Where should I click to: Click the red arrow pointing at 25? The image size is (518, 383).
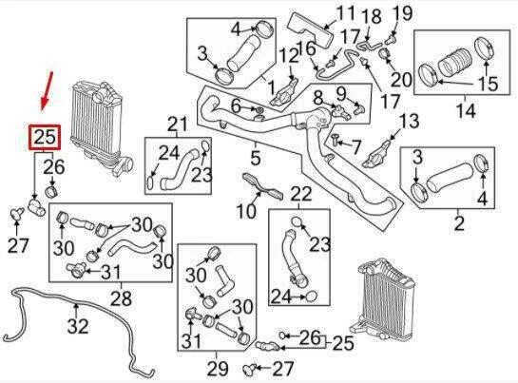pyautogui.click(x=47, y=91)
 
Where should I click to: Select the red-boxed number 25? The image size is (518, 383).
pyautogui.click(x=45, y=137)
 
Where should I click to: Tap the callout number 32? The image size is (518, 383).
pyautogui.click(x=78, y=325)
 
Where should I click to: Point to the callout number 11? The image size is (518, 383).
pyautogui.click(x=346, y=13)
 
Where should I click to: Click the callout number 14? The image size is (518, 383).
pyautogui.click(x=466, y=110)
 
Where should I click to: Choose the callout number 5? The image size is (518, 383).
pyautogui.click(x=256, y=158)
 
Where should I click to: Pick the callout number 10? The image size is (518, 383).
pyautogui.click(x=246, y=210)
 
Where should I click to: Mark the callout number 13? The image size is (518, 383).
pyautogui.click(x=410, y=121)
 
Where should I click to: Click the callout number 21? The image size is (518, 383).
pyautogui.click(x=178, y=124)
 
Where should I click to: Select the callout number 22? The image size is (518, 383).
pyautogui.click(x=301, y=194)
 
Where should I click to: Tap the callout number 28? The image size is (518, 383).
pyautogui.click(x=122, y=298)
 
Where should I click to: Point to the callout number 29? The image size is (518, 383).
pyautogui.click(x=218, y=369)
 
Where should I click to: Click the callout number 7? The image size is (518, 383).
pyautogui.click(x=355, y=146)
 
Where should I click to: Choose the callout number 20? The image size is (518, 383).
pyautogui.click(x=401, y=79)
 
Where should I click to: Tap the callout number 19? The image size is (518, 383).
pyautogui.click(x=403, y=13)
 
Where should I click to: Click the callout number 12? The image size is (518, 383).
pyautogui.click(x=289, y=56)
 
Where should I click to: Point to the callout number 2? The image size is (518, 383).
pyautogui.click(x=459, y=223)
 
